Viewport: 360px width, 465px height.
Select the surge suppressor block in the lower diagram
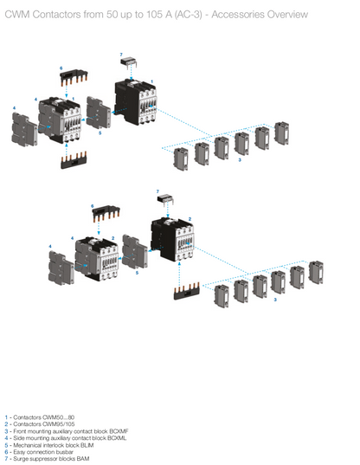[164, 200]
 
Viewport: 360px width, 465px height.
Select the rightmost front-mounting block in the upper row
[281, 132]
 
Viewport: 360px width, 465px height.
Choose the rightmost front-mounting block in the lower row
[316, 273]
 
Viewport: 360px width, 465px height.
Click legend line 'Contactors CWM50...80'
[39, 417]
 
